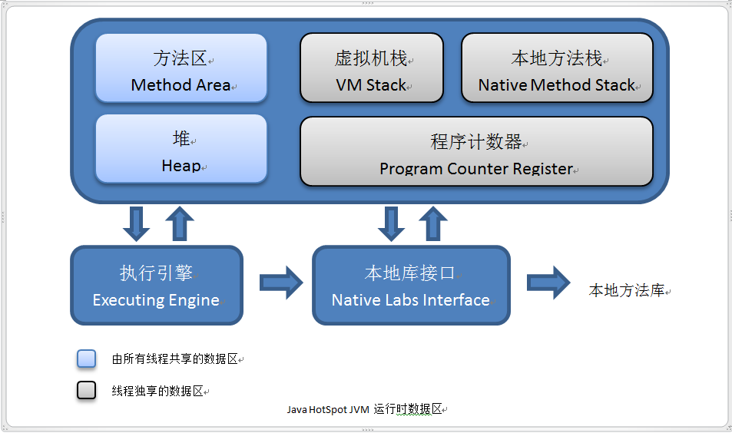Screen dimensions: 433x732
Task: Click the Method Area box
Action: pos(181,68)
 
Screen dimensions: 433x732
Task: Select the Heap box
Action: pos(181,150)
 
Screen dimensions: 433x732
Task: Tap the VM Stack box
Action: pos(371,68)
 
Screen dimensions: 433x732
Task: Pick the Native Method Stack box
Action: pos(557,68)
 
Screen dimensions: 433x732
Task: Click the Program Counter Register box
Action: pos(476,151)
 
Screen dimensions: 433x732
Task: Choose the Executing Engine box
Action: pos(157,285)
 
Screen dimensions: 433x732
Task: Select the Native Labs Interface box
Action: pos(411,285)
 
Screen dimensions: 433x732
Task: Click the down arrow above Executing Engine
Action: pos(137,223)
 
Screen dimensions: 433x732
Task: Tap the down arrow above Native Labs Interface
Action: pos(392,223)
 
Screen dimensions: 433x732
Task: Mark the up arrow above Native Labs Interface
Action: pos(433,223)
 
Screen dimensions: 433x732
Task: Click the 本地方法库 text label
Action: pos(626,291)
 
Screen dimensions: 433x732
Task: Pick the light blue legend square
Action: pos(87,359)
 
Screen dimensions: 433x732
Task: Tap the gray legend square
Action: pos(87,390)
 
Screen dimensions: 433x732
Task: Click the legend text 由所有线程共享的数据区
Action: pos(175,359)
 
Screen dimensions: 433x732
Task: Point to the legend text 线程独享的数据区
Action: pos(157,391)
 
